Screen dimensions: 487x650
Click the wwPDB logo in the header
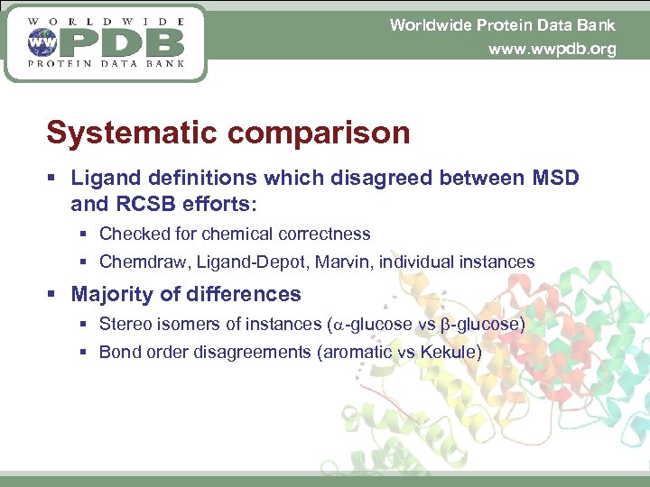[106, 42]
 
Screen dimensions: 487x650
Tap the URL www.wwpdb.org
[552, 50]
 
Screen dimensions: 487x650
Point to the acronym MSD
[552, 178]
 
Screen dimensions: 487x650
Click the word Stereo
[124, 324]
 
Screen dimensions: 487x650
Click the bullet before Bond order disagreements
[83, 353]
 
